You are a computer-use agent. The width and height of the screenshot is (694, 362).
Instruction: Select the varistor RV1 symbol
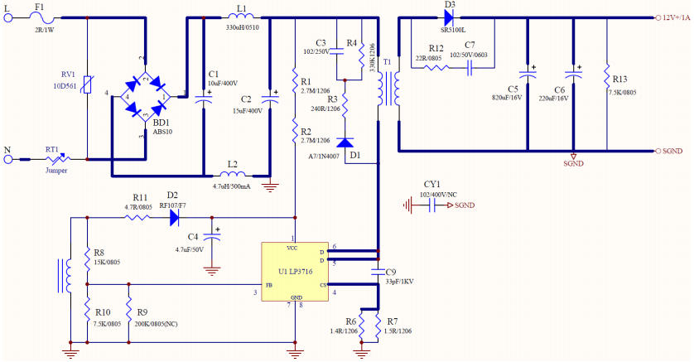point(87,85)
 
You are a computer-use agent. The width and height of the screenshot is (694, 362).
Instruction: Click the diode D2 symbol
point(174,218)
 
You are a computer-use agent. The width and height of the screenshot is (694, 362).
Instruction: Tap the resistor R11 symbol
point(135,218)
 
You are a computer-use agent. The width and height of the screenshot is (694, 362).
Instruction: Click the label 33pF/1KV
point(401,281)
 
